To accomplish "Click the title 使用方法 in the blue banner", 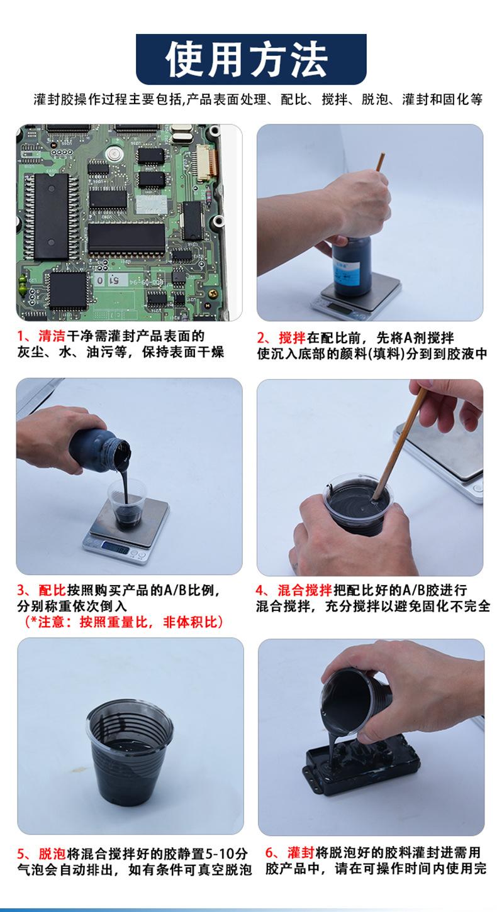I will click(248, 59).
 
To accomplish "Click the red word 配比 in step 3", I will click(52, 591).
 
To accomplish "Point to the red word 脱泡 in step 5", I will click(52, 854).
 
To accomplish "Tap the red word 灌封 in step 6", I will click(300, 853).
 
